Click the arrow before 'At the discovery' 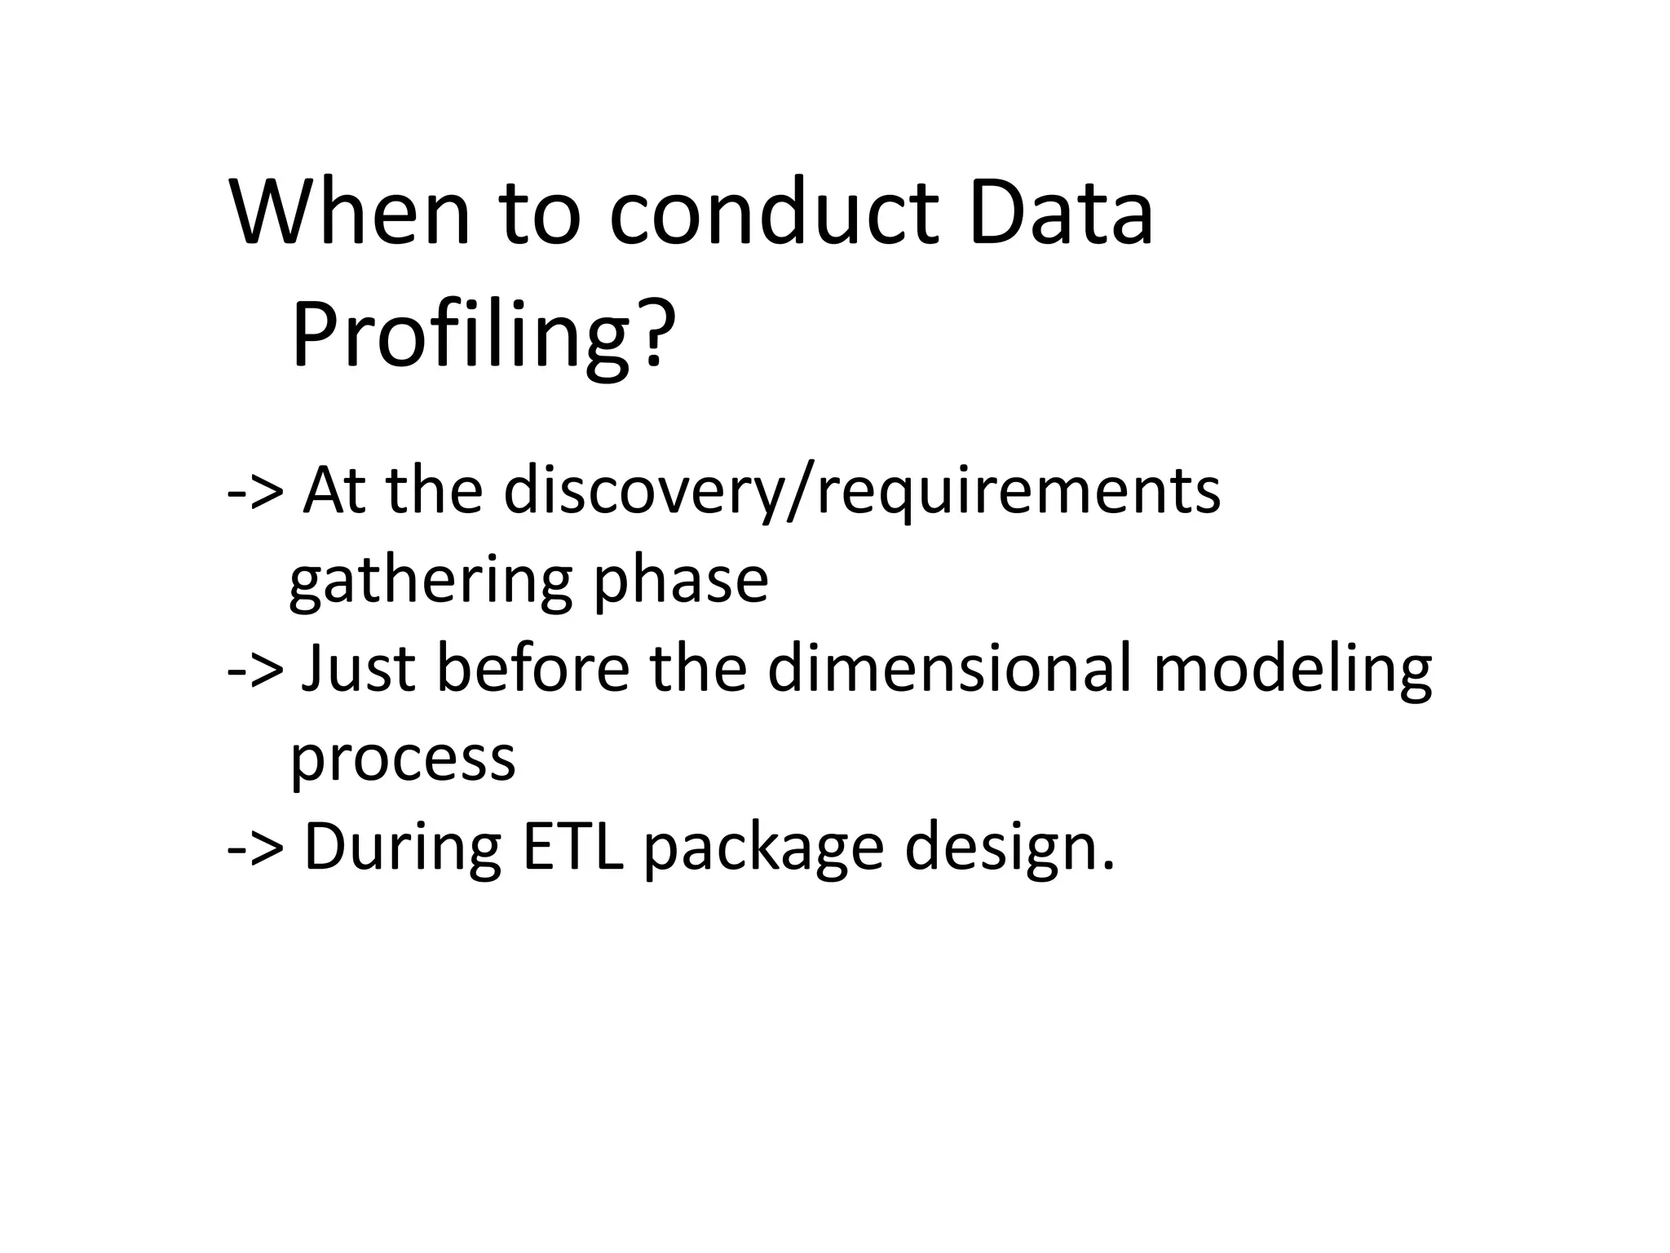pos(255,492)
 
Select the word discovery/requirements pos(861,492)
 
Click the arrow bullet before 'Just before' pos(255,670)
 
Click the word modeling pos(1292,670)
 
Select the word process pos(403,759)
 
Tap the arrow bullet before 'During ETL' pos(255,848)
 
